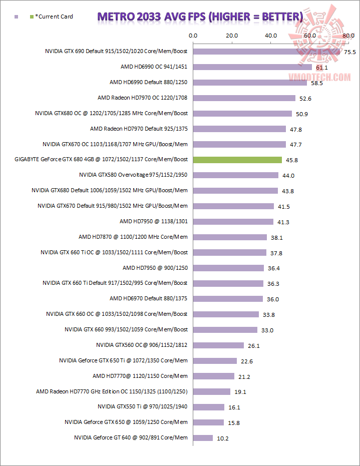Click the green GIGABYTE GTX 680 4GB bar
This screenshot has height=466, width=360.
(237, 160)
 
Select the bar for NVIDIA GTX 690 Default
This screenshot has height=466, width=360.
(266, 52)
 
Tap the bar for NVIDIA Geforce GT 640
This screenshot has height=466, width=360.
(203, 438)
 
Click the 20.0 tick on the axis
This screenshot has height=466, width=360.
(232, 36)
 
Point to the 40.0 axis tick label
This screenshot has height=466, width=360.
(271, 36)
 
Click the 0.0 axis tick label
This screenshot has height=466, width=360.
(193, 36)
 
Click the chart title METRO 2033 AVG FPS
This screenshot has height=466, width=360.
(200, 17)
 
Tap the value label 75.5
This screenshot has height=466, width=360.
(349, 52)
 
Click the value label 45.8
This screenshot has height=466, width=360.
(291, 160)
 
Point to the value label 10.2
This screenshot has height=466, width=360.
(222, 438)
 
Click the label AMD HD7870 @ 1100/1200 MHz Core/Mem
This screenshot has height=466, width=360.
(133, 237)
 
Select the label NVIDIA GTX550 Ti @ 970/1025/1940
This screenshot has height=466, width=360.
(143, 407)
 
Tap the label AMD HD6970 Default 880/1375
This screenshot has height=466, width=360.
(149, 298)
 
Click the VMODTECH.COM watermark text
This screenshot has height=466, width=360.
(319, 77)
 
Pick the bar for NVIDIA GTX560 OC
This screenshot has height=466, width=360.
(218, 345)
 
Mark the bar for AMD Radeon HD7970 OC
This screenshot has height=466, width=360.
(244, 98)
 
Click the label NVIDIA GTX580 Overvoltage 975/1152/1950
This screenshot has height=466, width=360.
(133, 175)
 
